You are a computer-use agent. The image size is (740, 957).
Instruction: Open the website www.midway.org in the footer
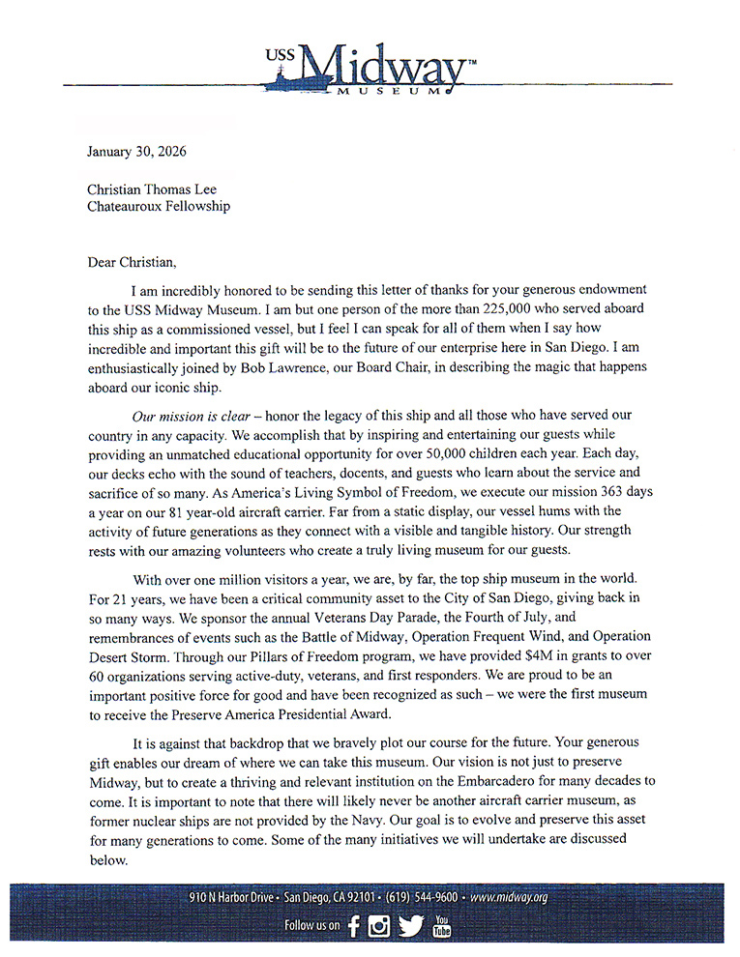pyautogui.click(x=509, y=897)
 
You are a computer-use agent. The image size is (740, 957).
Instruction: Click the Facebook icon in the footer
pyautogui.click(x=354, y=926)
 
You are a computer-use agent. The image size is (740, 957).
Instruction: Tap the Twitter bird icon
pyautogui.click(x=411, y=926)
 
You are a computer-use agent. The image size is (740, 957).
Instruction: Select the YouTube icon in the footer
pyautogui.click(x=441, y=925)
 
